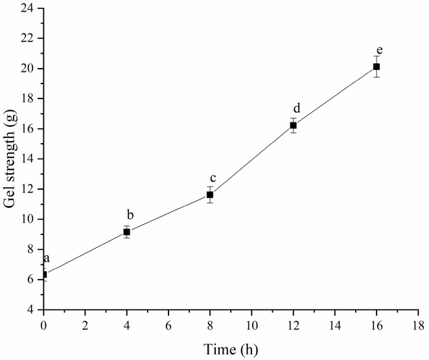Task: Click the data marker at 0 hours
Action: pos(43,275)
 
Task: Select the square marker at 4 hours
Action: pos(127,232)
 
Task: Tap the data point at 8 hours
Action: pos(210,194)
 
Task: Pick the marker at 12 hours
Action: pos(293,125)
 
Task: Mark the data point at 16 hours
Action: pos(376,67)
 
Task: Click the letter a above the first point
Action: pos(47,259)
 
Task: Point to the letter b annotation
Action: pos(130,215)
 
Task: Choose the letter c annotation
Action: pos(212,178)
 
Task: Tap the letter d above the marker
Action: pos(296,109)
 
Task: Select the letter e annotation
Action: pos(379,50)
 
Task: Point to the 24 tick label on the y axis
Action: pos(29,8)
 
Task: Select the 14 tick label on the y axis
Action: pos(29,159)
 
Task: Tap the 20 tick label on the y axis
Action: pos(29,69)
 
